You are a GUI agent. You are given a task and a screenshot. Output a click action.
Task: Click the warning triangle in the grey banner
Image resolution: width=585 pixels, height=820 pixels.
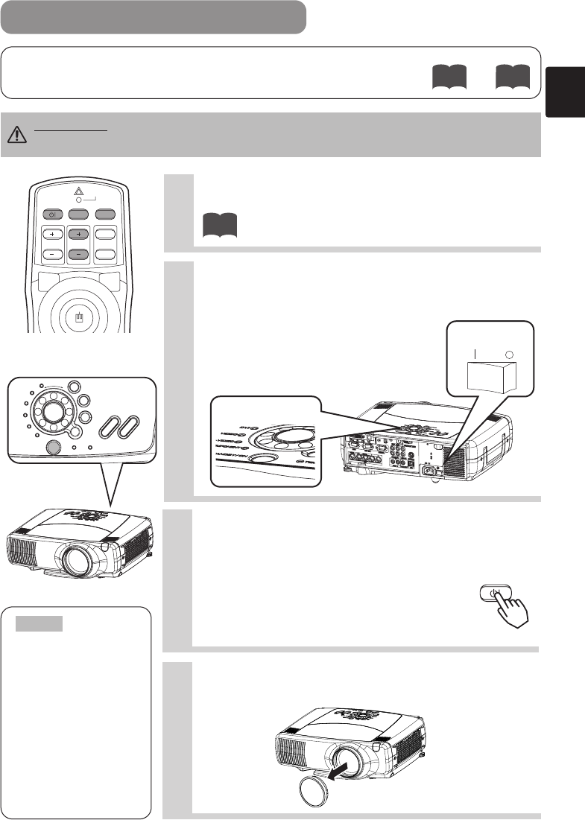[x=16, y=134]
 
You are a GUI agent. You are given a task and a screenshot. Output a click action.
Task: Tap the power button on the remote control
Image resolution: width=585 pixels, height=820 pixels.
[x=51, y=214]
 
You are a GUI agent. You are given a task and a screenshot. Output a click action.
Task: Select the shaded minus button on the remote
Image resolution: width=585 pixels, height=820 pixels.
[x=78, y=252]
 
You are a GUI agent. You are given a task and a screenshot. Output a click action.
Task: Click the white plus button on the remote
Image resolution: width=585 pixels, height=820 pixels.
[x=51, y=233]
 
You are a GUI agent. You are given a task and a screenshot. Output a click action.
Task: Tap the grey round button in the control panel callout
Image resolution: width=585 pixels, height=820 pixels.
[x=53, y=447]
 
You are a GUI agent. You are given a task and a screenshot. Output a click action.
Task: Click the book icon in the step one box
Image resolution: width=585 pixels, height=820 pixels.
[x=218, y=224]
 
